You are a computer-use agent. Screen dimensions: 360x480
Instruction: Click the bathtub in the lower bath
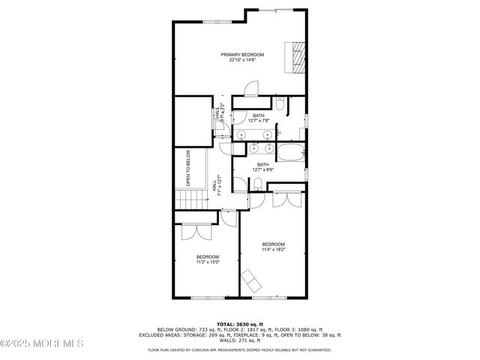tap(291, 154)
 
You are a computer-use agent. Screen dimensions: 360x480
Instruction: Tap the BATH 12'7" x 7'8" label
tap(258, 118)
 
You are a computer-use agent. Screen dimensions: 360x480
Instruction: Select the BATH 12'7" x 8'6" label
tap(262, 166)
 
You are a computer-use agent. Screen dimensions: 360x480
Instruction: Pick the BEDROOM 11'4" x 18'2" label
tap(273, 247)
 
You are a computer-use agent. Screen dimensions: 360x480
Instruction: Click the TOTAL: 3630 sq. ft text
tap(240, 323)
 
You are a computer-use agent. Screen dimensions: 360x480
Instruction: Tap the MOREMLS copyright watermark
tap(42, 343)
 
